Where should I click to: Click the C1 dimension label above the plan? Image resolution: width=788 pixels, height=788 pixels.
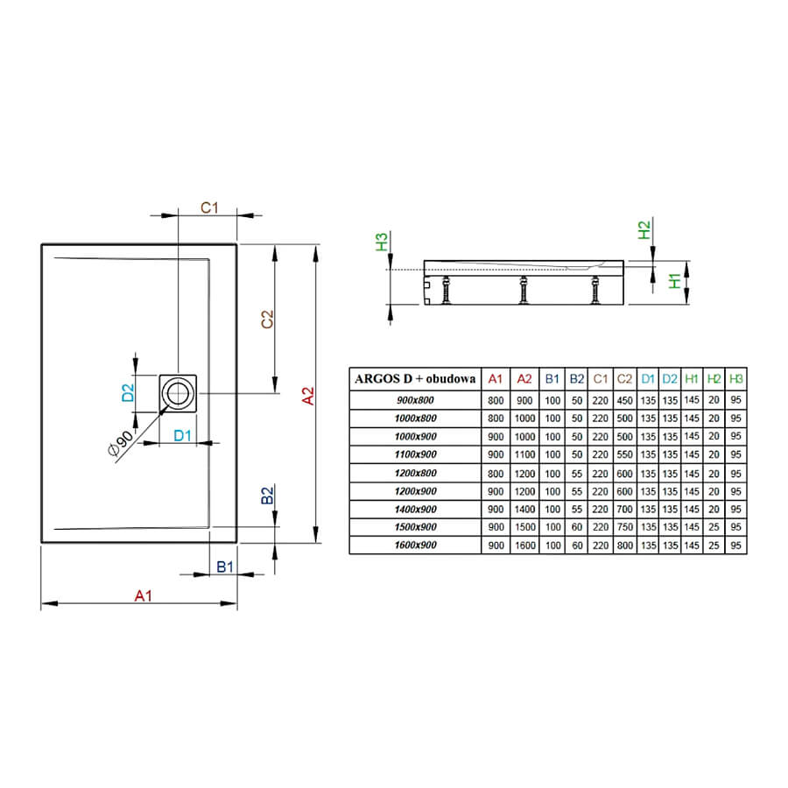209,208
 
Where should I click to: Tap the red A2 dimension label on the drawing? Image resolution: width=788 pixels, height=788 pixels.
307,396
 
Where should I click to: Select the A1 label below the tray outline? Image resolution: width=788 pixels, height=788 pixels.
144,595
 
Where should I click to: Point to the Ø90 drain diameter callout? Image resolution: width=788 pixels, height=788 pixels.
120,442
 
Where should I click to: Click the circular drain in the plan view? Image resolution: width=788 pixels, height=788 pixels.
178,393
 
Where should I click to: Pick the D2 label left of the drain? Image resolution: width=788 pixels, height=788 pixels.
128,392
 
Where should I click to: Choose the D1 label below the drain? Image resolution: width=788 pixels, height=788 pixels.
182,435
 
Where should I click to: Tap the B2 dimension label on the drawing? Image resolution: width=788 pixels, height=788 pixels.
267,496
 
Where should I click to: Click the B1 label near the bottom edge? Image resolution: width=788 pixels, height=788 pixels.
225,566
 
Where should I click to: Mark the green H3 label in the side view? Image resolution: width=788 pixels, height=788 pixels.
382,242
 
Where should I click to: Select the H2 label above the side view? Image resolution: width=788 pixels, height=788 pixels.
644,230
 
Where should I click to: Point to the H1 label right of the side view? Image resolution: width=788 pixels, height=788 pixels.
675,281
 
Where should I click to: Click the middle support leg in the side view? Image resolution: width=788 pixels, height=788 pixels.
524,290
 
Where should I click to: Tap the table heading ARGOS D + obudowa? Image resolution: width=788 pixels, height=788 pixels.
415,378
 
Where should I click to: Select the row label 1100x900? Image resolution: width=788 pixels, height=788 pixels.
416,454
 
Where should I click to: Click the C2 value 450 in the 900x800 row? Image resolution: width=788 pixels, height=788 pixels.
624,400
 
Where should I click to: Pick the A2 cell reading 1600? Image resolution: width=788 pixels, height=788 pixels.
524,545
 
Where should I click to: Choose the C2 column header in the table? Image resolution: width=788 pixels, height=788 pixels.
624,378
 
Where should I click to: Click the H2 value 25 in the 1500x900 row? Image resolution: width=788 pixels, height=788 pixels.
714,527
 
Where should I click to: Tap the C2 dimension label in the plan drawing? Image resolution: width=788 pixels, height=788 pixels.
267,320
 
